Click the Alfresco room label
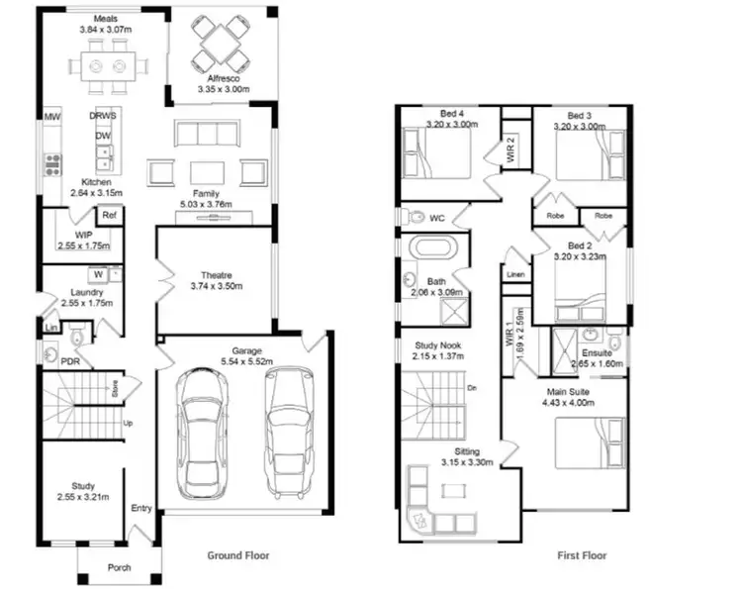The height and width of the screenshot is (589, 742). pos(220,77)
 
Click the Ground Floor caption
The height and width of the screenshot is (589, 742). pos(237,555)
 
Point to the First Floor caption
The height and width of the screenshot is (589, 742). pos(581,555)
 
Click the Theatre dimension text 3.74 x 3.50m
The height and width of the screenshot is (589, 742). pos(217,287)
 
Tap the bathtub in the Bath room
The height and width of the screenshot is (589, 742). pos(429,248)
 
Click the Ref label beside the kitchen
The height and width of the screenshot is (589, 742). pos(108,214)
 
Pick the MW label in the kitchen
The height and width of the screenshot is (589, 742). pos(50,118)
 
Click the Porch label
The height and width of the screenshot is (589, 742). pos(119,567)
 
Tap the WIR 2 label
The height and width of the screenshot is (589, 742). pos(511,150)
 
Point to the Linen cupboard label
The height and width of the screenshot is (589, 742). pos(514,274)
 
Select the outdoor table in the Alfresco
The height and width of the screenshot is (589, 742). pos(219,44)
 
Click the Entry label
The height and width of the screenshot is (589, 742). pos(141,509)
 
